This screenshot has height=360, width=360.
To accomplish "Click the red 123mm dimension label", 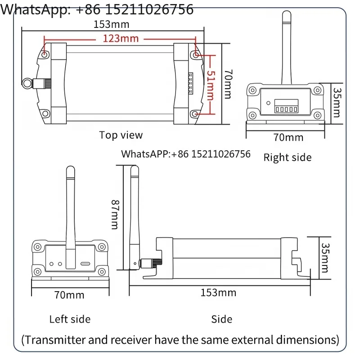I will pos(121,38).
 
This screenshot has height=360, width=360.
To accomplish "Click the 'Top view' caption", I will pos(121,135).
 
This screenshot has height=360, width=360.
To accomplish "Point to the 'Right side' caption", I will pos(287,157).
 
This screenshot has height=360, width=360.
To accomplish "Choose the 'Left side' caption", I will pos(70,319).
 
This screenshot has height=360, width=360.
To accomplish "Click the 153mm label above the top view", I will pos(109,23).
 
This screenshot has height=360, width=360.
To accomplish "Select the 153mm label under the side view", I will pos(218,293).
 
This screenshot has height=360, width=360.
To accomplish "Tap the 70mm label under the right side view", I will pos(288,137).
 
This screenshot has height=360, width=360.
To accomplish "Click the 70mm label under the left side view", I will pos(69,295).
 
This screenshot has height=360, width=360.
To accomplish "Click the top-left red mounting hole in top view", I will pos(45,54).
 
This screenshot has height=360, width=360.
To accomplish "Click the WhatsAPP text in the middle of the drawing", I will pos(186,154).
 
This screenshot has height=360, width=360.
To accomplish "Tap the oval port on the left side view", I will pos(85,264).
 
